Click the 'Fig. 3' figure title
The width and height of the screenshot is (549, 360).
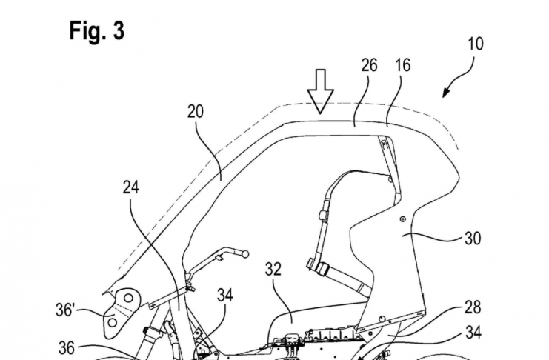tap(97, 30)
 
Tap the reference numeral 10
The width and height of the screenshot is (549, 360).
tap(475, 44)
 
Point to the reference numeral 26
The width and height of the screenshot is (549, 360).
tap(369, 65)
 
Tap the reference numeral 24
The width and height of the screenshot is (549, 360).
tap(131, 188)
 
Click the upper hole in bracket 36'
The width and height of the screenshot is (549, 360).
tap(128, 298)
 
